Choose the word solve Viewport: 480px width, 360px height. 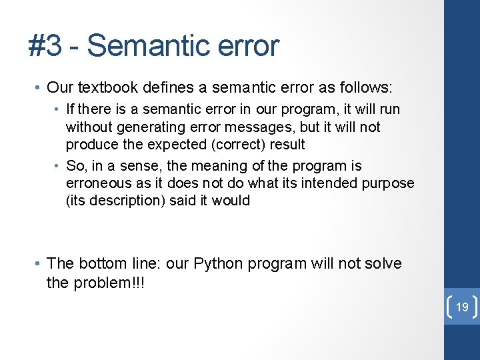(381, 263)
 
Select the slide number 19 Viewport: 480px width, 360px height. (462, 307)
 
